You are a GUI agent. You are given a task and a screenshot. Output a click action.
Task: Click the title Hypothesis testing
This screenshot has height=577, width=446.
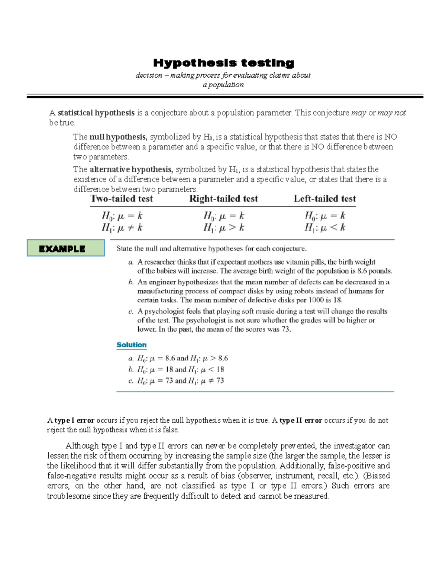[223, 63]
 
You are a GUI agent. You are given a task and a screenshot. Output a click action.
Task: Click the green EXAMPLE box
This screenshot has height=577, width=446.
[66, 248]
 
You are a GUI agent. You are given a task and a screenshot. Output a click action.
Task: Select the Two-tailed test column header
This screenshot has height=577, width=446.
[122, 199]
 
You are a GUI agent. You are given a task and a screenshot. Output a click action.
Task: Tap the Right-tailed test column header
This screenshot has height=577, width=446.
[223, 199]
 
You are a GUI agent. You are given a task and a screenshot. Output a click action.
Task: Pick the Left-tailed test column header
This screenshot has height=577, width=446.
[324, 199]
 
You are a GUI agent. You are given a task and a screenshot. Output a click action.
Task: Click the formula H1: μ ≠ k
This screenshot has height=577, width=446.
[122, 228]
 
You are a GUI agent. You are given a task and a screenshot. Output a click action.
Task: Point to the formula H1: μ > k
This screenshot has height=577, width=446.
[223, 228]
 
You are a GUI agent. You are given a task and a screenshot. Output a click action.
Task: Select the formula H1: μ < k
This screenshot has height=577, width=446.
[324, 228]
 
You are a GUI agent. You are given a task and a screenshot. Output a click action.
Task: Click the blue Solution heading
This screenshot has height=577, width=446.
[131, 345]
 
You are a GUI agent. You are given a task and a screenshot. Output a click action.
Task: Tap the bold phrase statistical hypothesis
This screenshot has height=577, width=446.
[96, 113]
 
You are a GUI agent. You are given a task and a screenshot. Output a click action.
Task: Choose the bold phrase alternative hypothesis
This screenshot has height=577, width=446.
[131, 169]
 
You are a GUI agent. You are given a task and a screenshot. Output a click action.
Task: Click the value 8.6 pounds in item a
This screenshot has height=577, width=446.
[374, 271]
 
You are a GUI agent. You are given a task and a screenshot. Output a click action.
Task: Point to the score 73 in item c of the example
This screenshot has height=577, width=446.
[285, 329]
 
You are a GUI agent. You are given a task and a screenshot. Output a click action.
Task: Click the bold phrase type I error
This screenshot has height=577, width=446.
[74, 420]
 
